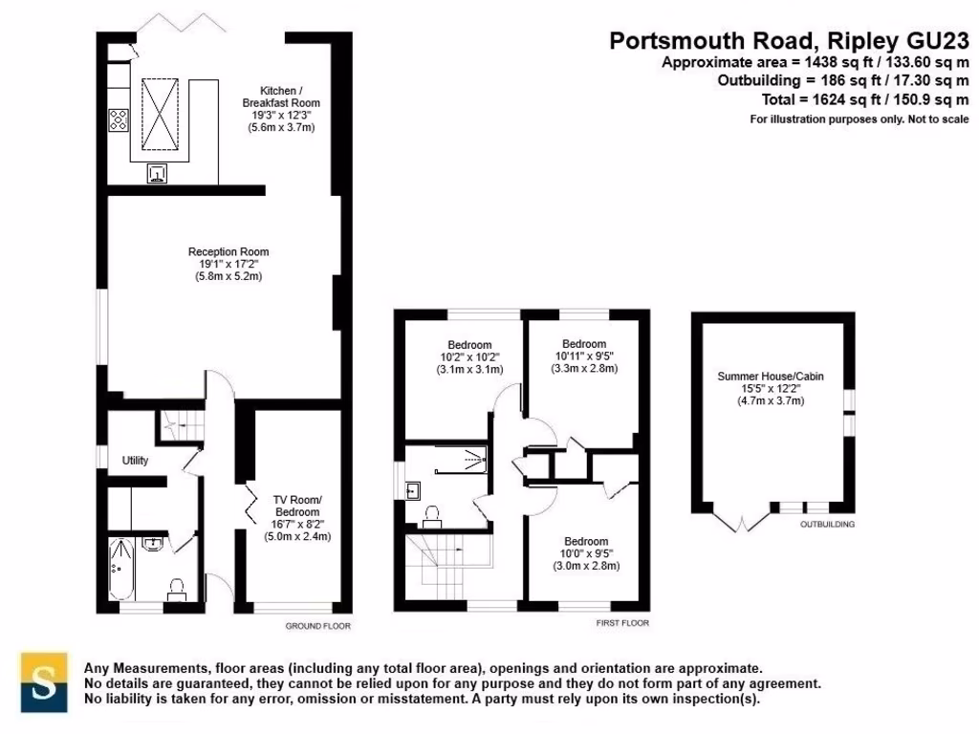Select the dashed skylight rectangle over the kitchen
(162, 113)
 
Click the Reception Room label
(228, 251)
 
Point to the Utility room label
(135, 461)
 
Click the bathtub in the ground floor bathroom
(120, 566)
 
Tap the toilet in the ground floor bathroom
(176, 588)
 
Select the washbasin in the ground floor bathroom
(154, 544)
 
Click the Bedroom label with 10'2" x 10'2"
(468, 345)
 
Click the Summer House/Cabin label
(770, 377)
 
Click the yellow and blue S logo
(44, 681)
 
